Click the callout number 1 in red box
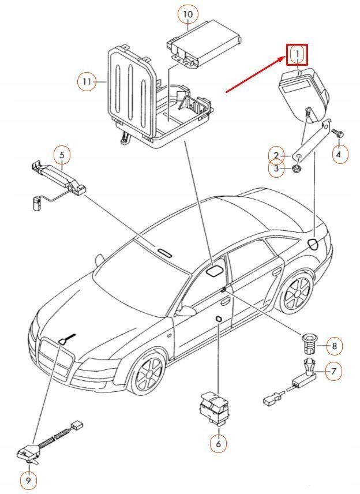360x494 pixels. click(297, 54)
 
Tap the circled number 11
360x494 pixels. click(87, 83)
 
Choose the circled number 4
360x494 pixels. click(339, 154)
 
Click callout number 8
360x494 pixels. click(333, 346)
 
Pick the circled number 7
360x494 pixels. click(332, 371)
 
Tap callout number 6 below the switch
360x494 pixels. click(218, 443)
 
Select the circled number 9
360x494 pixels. click(28, 479)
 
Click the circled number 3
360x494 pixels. click(276, 169)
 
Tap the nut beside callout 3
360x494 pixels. click(295, 169)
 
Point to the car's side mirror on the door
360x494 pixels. click(185, 311)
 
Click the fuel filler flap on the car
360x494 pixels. click(313, 243)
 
